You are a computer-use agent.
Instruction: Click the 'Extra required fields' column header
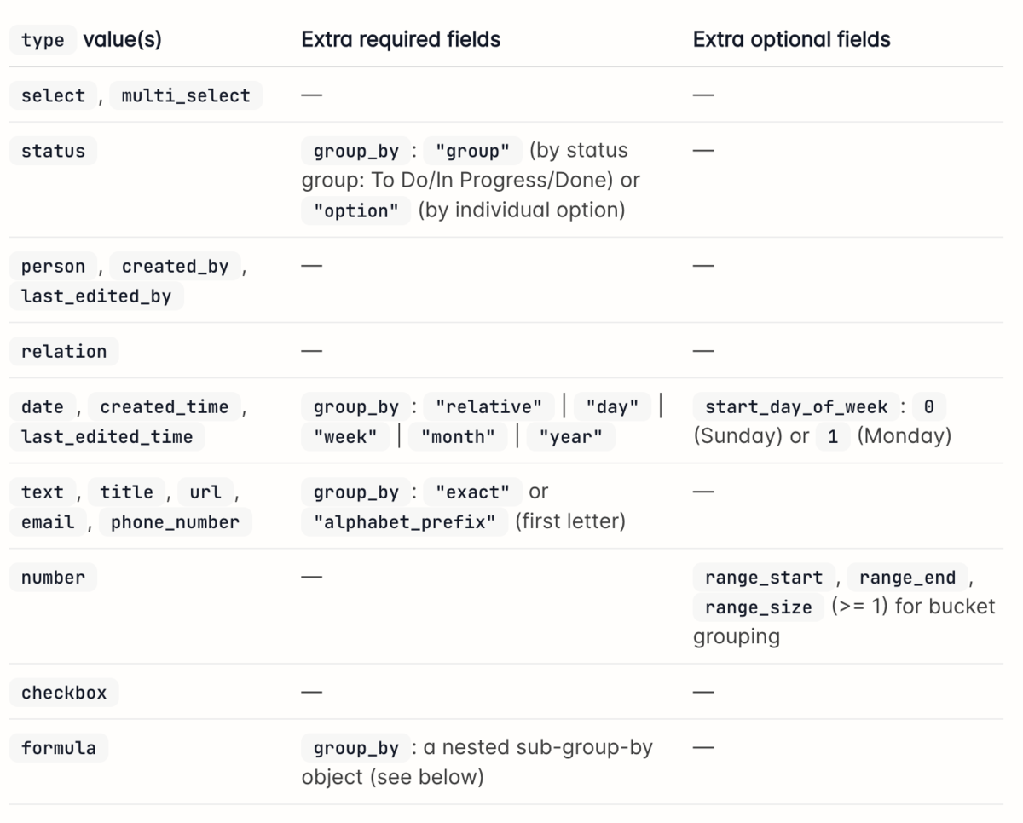pyautogui.click(x=401, y=39)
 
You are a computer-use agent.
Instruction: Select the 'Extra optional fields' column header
pyautogui.click(x=791, y=39)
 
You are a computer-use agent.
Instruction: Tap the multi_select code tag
pyautogui.click(x=186, y=95)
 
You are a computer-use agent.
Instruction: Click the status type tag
pyautogui.click(x=53, y=151)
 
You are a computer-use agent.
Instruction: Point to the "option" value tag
pyautogui.click(x=356, y=210)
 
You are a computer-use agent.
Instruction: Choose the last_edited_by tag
pyautogui.click(x=96, y=296)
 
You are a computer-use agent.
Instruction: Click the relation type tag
pyautogui.click(x=64, y=351)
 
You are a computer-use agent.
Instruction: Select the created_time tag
pyautogui.click(x=164, y=406)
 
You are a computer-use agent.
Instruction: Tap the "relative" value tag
pyautogui.click(x=488, y=406)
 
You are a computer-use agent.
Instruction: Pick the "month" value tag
pyautogui.click(x=458, y=437)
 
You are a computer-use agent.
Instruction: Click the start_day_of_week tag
pyautogui.click(x=796, y=406)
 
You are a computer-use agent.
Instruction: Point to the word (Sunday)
pyautogui.click(x=737, y=435)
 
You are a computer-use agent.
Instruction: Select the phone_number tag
pyautogui.click(x=175, y=522)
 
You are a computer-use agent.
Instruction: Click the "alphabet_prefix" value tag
pyautogui.click(x=405, y=522)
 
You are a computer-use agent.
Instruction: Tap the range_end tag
pyautogui.click(x=907, y=578)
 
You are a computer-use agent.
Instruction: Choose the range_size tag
pyautogui.click(x=758, y=607)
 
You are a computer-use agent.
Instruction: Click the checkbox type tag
pyautogui.click(x=64, y=693)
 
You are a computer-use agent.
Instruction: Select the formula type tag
pyautogui.click(x=59, y=748)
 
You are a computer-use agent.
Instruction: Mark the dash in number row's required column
pyautogui.click(x=312, y=577)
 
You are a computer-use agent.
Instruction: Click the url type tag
pyautogui.click(x=205, y=492)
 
